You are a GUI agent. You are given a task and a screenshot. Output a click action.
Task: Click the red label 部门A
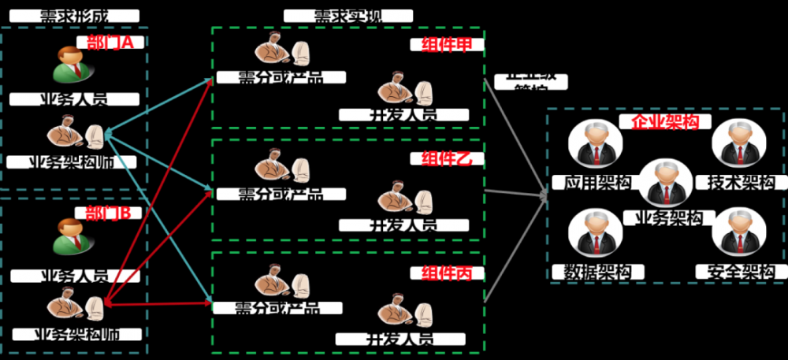point(110,43)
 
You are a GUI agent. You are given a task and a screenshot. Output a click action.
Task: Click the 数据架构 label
point(598,273)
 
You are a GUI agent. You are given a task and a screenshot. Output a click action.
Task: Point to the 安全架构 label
point(741,273)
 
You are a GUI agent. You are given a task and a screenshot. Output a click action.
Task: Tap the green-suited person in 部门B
point(69,236)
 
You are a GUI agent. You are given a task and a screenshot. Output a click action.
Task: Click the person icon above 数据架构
point(595,234)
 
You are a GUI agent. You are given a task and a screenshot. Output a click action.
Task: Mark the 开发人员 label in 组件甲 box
point(403,115)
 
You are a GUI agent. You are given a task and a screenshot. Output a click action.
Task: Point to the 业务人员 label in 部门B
point(76,276)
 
